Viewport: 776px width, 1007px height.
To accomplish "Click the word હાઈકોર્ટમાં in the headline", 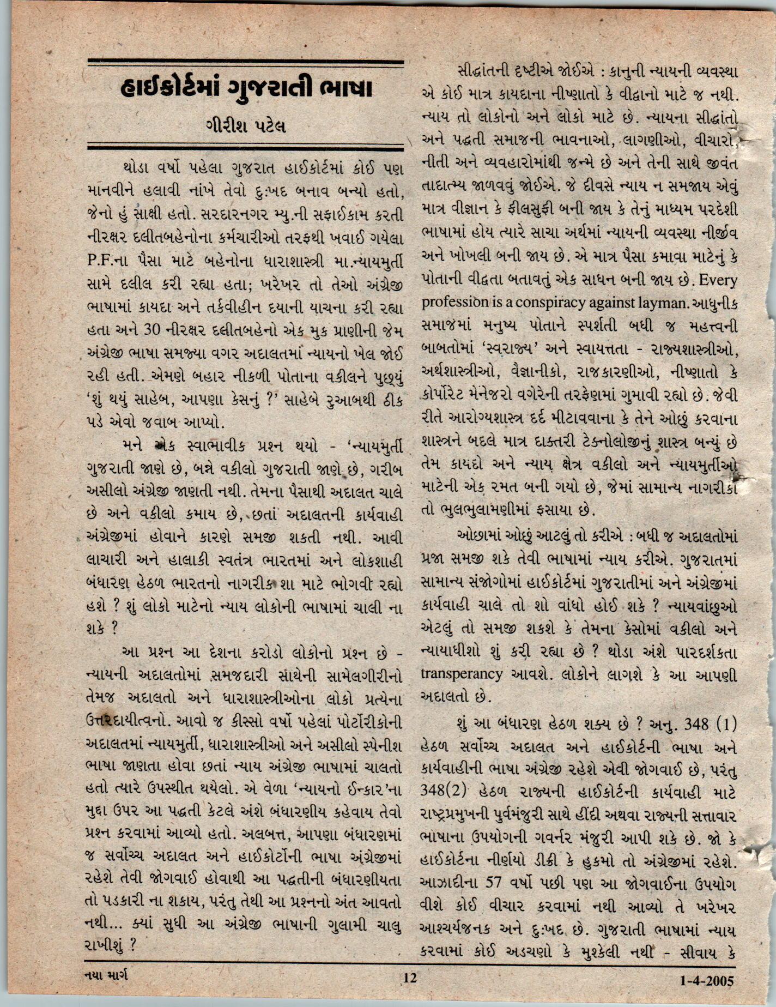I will coord(169,88).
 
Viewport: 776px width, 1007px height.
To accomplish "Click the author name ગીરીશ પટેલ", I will coord(246,128).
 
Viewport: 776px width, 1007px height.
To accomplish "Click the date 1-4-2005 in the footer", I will coord(707,980).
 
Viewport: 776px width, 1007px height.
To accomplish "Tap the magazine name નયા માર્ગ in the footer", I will coord(107,975).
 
